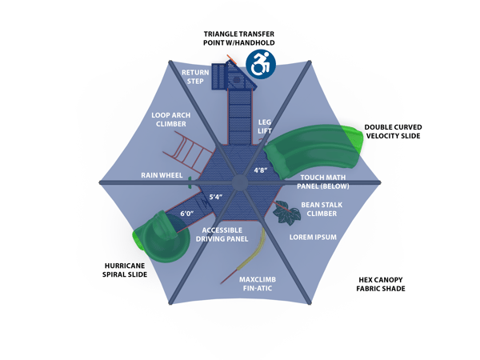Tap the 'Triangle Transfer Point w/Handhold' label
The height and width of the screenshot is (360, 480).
(239, 38)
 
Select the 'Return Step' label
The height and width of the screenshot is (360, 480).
(196, 77)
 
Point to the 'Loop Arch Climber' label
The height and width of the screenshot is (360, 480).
(170, 119)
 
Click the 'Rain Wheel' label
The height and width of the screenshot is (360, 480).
(162, 175)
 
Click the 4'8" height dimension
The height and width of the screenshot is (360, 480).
(262, 170)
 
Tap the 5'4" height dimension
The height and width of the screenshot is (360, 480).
(217, 197)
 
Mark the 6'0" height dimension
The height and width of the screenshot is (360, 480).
(188, 214)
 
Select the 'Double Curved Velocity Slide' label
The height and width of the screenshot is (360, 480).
(393, 131)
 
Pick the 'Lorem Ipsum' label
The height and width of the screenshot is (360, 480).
(313, 238)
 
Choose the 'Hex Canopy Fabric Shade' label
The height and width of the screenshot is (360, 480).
(381, 284)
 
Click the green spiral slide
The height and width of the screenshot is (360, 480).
(160, 238)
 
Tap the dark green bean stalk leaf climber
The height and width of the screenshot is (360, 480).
(285, 212)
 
